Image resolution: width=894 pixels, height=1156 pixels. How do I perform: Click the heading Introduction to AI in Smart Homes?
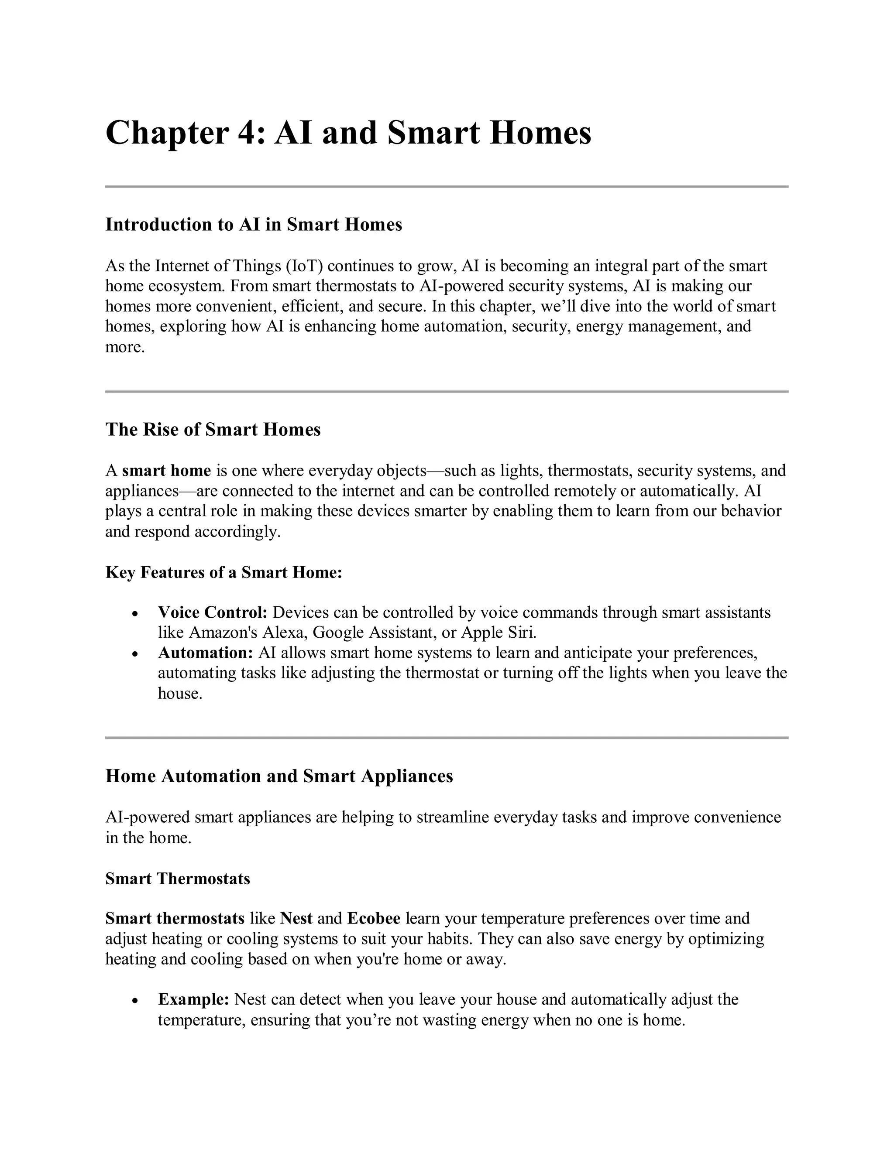pyautogui.click(x=254, y=224)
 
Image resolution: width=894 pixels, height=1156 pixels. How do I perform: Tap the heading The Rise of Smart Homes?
pyautogui.click(x=213, y=429)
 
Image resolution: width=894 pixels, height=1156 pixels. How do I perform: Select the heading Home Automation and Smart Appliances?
pyautogui.click(x=279, y=776)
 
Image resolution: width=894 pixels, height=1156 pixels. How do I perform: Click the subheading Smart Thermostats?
pyautogui.click(x=177, y=879)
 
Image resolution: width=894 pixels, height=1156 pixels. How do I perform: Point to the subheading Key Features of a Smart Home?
pyautogui.click(x=223, y=572)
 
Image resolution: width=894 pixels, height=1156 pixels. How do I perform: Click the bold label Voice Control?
pyautogui.click(x=213, y=612)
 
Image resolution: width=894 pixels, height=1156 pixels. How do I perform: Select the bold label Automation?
pyautogui.click(x=206, y=653)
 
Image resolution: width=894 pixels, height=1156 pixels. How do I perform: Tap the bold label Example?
pyautogui.click(x=193, y=999)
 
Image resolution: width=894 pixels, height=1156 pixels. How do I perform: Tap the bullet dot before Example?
pyautogui.click(x=136, y=1001)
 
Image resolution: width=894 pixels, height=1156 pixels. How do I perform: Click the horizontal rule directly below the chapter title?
pyautogui.click(x=447, y=186)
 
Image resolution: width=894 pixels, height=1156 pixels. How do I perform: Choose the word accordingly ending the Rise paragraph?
pyautogui.click(x=237, y=531)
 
